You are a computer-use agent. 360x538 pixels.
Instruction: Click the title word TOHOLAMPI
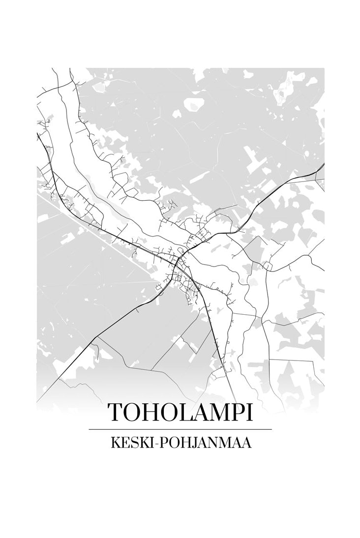pos(180,412)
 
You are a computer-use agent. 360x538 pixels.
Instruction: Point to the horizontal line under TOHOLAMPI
pos(180,429)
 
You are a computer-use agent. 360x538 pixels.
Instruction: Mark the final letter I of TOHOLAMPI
pos(252,412)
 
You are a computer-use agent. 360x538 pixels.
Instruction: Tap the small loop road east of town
pos(268,266)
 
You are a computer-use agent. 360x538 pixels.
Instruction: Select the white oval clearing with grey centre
pos(192,104)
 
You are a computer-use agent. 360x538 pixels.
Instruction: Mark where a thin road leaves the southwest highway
pos(97,337)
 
